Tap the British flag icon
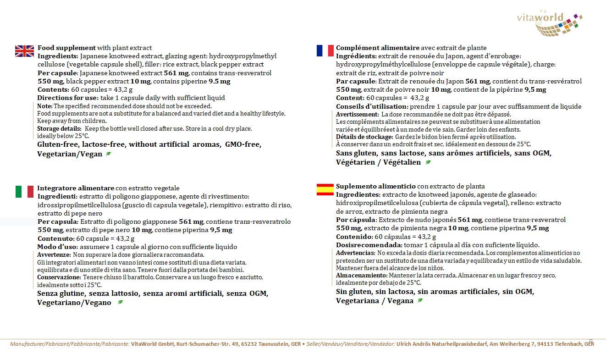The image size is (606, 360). tap(24, 51)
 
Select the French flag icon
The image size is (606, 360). tap(325, 50)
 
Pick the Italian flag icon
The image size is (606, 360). tap(24, 191)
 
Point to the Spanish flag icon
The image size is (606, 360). tap(325, 189)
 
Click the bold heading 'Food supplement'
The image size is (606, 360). tap(66, 48)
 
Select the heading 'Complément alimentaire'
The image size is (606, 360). tap(378, 48)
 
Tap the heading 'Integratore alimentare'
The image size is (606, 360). tap(76, 188)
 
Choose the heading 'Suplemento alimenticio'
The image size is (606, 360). tap(376, 186)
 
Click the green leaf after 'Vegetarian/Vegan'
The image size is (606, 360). tap(108, 154)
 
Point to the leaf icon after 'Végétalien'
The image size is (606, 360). tap(428, 162)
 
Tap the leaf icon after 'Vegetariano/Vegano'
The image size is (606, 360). tap(120, 303)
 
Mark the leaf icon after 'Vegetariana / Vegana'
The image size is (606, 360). tap(420, 301)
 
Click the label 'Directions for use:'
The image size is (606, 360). tap(68, 98)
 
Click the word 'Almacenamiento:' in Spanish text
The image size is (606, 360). tap(362, 275)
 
